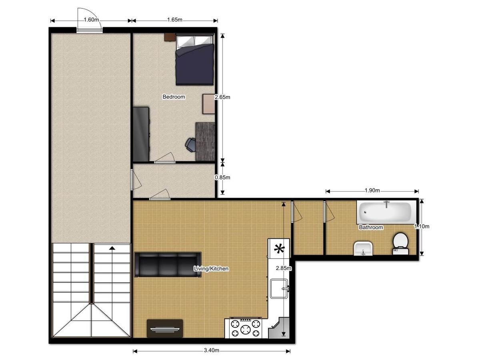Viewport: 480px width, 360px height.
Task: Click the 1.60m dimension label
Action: pos(91,20)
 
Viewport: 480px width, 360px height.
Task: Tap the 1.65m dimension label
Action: pos(174,20)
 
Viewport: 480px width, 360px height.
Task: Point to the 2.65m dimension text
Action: pos(222,97)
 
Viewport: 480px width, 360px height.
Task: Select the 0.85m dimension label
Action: pos(222,177)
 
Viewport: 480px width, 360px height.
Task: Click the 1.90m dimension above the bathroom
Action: pos(372,190)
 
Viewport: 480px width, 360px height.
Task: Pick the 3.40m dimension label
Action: pos(211,351)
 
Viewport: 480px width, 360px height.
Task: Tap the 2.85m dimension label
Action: pos(284,268)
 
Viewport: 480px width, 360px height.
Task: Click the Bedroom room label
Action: pos(174,97)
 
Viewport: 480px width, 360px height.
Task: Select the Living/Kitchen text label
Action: pos(211,269)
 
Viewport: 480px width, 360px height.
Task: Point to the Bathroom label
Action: pos(371,227)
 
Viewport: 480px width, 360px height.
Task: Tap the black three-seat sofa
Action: pos(168,264)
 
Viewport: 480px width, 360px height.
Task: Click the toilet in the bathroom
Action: pos(400,244)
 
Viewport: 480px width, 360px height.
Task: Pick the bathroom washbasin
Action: pos(363,248)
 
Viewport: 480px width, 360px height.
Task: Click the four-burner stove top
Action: pos(245,328)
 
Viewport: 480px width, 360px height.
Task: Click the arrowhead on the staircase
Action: pos(112,248)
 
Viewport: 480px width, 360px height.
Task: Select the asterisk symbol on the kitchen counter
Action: pos(279,249)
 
